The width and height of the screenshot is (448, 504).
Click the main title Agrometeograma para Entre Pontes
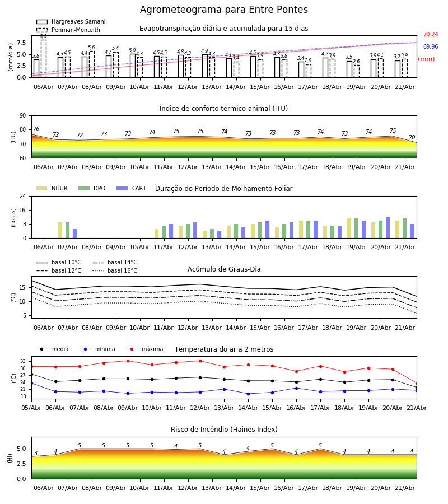(223, 10)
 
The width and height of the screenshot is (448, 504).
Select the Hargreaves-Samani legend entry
(71, 21)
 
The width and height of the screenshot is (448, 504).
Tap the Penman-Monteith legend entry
(68, 30)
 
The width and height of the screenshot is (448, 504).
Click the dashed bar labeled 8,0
(43, 58)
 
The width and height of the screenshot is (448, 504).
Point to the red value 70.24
(431, 34)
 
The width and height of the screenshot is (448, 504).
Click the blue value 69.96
(431, 46)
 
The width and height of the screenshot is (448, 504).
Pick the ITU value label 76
(36, 129)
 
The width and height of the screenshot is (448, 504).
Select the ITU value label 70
(412, 137)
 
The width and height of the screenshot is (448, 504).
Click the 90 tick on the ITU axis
(23, 116)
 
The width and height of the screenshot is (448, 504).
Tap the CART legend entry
(131, 188)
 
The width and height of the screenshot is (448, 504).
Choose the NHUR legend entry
(52, 188)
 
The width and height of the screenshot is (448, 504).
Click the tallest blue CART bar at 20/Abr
(388, 227)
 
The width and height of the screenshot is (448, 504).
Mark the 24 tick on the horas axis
(23, 196)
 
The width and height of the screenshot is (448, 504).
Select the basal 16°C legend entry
(115, 270)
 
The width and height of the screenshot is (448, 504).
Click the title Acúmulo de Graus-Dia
(224, 269)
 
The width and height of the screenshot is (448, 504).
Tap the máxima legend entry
(144, 349)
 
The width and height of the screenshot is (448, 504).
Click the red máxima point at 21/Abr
(417, 383)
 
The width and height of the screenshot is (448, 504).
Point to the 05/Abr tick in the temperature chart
(31, 408)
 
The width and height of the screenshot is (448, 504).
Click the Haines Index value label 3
(36, 453)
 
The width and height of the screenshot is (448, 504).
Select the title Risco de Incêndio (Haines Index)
(224, 430)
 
